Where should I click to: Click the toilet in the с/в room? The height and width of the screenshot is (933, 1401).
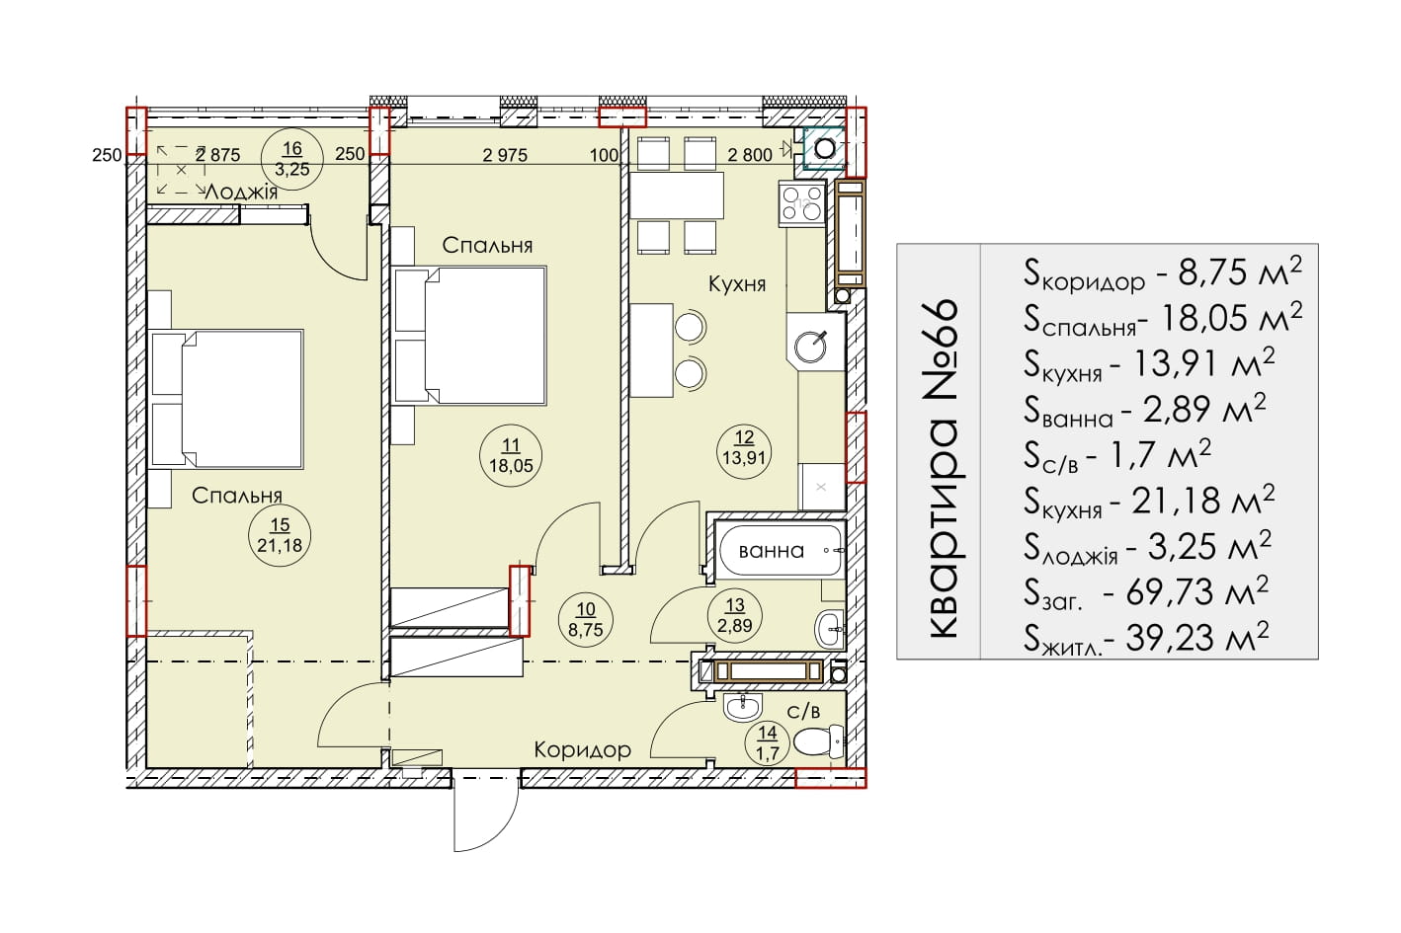click(819, 741)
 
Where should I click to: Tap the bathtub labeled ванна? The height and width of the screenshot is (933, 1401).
click(780, 551)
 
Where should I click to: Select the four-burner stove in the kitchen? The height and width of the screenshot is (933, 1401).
click(802, 203)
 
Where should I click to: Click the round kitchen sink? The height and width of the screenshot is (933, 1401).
click(810, 347)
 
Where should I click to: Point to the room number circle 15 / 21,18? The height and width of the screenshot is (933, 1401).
click(280, 536)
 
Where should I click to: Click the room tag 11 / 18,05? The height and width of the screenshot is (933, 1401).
click(511, 455)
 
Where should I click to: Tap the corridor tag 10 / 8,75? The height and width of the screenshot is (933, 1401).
click(586, 619)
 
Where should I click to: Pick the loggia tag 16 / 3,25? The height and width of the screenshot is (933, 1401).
click(292, 159)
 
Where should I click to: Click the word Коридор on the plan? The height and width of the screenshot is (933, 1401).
click(582, 749)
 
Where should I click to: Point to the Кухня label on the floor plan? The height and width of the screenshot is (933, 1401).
click(737, 284)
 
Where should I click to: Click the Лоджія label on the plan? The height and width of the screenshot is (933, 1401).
click(241, 192)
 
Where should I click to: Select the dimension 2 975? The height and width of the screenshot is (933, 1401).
click(505, 154)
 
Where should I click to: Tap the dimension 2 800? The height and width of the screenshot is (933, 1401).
click(750, 154)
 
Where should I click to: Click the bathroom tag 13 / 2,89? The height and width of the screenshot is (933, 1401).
click(734, 615)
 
